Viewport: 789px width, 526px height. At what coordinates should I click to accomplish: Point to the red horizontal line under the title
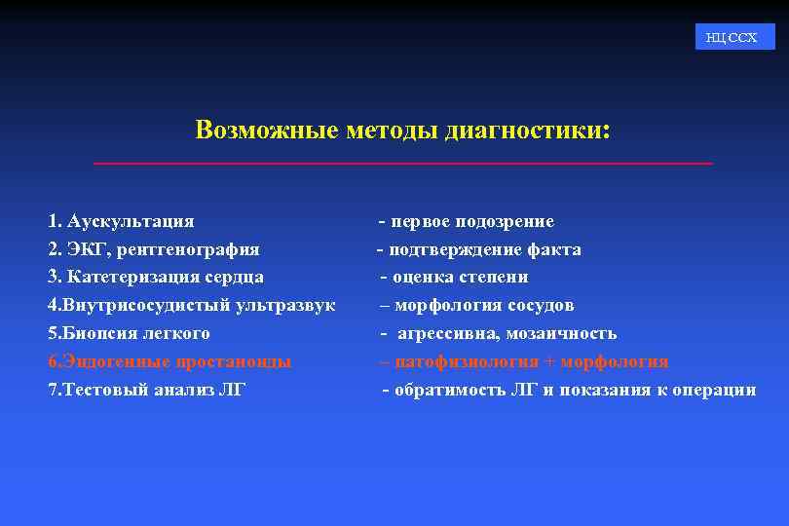pyautogui.click(x=402, y=163)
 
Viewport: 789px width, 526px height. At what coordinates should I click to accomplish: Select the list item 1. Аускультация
pyautogui.click(x=121, y=221)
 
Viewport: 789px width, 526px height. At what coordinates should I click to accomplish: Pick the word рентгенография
pyautogui.click(x=189, y=249)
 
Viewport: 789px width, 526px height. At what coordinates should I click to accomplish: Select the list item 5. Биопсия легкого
pyautogui.click(x=129, y=333)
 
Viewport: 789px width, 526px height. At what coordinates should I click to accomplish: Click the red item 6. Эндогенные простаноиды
pyautogui.click(x=169, y=361)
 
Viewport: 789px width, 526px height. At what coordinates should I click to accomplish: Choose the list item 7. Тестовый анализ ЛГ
pyautogui.click(x=147, y=390)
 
